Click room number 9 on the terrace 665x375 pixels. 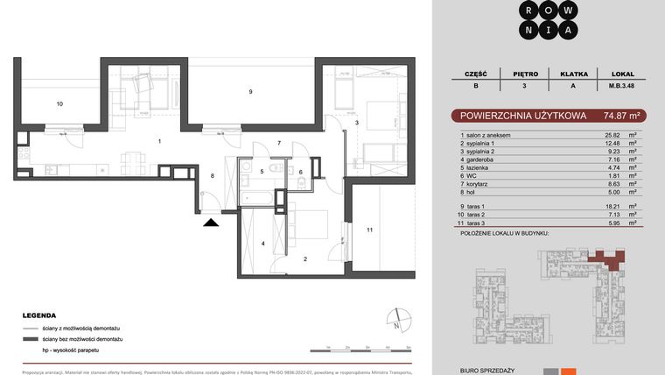[250, 92]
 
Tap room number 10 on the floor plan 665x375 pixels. [60, 104]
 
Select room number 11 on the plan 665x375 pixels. [370, 230]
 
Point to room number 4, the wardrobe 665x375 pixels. [262, 243]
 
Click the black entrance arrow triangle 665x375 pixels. [210, 223]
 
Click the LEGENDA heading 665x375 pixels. [40, 315]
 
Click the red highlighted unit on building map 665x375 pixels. [609, 256]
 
